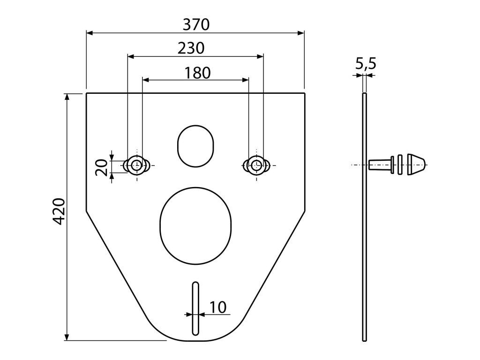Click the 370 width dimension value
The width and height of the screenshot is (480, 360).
[x=196, y=25]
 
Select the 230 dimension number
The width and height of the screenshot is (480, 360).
[x=191, y=48]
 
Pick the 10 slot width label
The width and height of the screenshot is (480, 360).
[x=218, y=307]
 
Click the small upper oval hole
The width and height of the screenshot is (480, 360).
[x=195, y=145]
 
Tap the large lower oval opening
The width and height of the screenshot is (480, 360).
[x=195, y=221]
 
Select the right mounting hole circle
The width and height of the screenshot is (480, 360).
[x=255, y=165]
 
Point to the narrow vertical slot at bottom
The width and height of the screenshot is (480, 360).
[x=195, y=308]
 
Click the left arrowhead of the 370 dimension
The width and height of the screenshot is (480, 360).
[x=90, y=33]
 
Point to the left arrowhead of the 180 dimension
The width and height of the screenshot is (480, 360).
[x=145, y=80]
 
